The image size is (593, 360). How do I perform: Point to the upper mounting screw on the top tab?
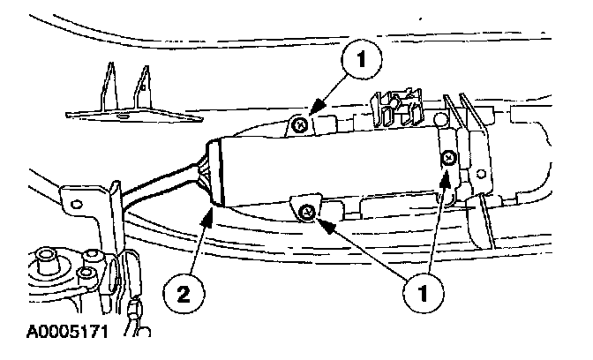pyautogui.click(x=301, y=126)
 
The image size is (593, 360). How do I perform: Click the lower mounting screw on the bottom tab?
pyautogui.click(x=308, y=210)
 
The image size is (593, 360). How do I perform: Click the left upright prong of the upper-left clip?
pyautogui.click(x=110, y=85)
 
